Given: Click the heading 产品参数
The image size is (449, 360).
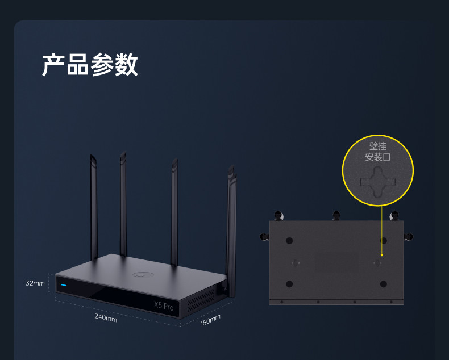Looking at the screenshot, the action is (x=90, y=65).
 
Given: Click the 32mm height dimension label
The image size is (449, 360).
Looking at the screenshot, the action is (x=35, y=283).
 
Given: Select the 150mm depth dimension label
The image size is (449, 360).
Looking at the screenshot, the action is (x=210, y=321).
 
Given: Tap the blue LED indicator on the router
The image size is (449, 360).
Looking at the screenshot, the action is (x=64, y=285).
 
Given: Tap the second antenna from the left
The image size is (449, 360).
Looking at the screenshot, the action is (x=123, y=204).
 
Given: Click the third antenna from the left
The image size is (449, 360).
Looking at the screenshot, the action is (x=174, y=210).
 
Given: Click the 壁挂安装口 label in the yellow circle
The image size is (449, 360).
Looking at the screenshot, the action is (x=377, y=152).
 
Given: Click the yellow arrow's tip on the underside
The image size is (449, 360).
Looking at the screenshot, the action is (x=381, y=256).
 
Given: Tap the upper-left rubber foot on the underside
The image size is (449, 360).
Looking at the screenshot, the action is (x=289, y=240).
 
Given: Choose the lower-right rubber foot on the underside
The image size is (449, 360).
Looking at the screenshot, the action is (x=384, y=284).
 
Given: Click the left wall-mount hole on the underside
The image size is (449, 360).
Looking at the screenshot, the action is (x=296, y=262).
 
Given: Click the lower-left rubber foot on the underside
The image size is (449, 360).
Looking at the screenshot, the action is (x=289, y=284).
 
